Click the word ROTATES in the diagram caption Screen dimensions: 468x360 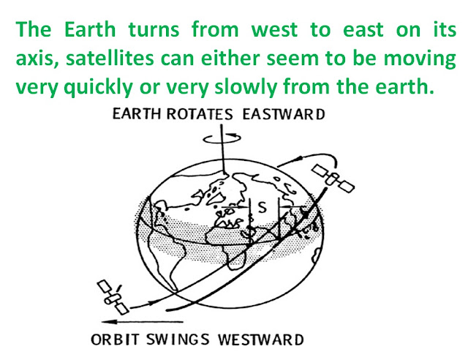coord(199,114)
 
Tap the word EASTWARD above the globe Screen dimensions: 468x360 coord(284,114)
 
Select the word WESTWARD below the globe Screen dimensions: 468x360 coord(260,340)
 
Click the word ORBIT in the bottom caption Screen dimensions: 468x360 coord(115,340)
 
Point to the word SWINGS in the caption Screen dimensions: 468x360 coord(178,340)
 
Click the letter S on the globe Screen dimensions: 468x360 coord(262,207)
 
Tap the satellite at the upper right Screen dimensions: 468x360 coord(333,179)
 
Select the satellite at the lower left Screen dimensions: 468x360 coord(113,297)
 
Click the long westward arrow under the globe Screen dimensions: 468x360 coord(142,322)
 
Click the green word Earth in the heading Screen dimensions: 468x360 coord(90,29)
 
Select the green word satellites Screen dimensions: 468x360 coord(110,59)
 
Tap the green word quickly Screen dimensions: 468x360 coord(99,87)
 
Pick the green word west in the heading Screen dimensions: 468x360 coord(274,30)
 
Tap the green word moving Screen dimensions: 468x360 coord(419,59)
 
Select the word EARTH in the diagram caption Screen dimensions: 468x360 coord(137,114)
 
